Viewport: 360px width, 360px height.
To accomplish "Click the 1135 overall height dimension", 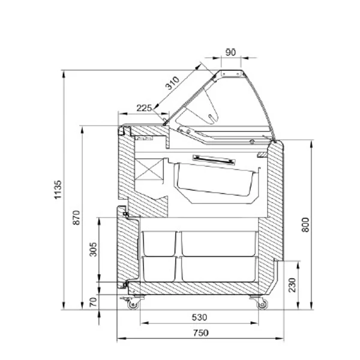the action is (x=58, y=190).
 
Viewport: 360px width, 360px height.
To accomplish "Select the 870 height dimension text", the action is (x=76, y=218).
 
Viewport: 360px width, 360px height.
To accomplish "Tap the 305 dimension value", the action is (x=93, y=250).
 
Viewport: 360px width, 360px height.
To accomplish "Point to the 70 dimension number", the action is (x=93, y=302).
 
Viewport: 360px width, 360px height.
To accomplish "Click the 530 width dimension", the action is (x=199, y=317).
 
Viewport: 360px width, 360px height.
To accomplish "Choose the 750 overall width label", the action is (x=200, y=332).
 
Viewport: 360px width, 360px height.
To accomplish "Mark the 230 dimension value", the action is (x=292, y=285).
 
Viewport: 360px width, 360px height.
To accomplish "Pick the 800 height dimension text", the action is (x=305, y=225).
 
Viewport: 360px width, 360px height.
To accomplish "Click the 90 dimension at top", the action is (x=230, y=52).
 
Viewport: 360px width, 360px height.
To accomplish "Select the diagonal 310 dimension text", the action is (x=172, y=83).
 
